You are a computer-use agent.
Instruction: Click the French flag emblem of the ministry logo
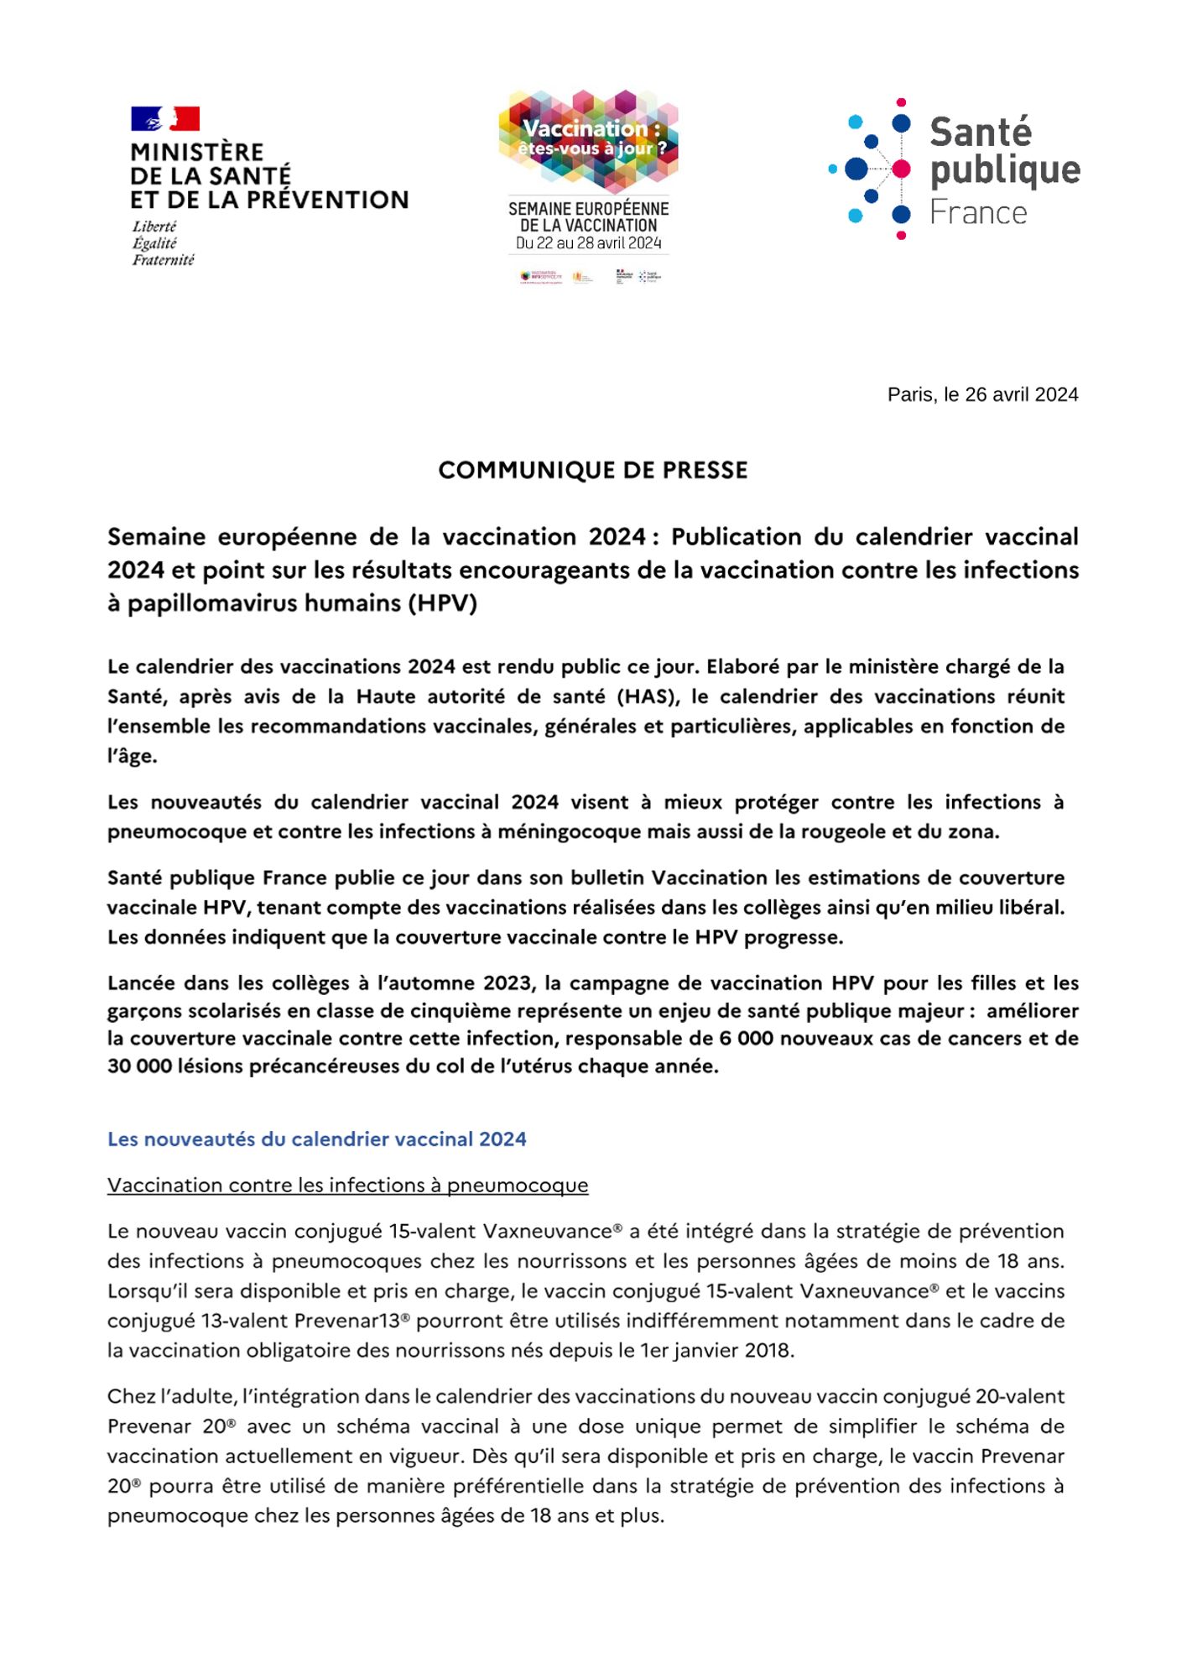pos(165,118)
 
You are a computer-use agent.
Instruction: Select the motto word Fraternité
pos(164,260)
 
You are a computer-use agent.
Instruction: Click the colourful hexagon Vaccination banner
pos(588,138)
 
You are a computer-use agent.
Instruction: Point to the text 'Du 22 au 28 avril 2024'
pos(588,243)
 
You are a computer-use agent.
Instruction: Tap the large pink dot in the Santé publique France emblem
pos(901,169)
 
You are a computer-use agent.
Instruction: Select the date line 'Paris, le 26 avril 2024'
pos(982,394)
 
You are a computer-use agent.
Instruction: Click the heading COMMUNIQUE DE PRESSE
pos(592,470)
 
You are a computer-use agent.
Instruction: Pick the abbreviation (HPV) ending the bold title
pos(442,603)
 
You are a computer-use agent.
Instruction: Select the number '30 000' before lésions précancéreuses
pos(139,1066)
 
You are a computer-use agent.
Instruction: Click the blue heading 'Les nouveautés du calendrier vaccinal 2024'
pos(316,1139)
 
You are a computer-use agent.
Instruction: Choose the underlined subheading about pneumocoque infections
pos(347,1185)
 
